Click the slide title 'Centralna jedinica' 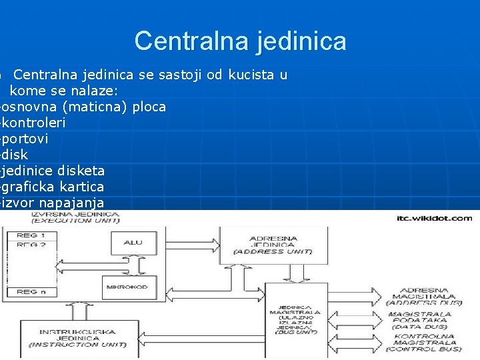tap(240, 41)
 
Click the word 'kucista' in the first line tap(250, 75)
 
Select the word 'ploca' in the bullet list tap(149, 107)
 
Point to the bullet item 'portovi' tap(29, 139)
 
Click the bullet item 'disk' tap(15, 155)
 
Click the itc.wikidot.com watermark tap(434, 218)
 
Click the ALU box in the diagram tap(133, 243)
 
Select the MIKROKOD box tap(131, 287)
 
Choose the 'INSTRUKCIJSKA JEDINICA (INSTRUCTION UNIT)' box tap(79, 337)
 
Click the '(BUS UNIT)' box tap(295, 320)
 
